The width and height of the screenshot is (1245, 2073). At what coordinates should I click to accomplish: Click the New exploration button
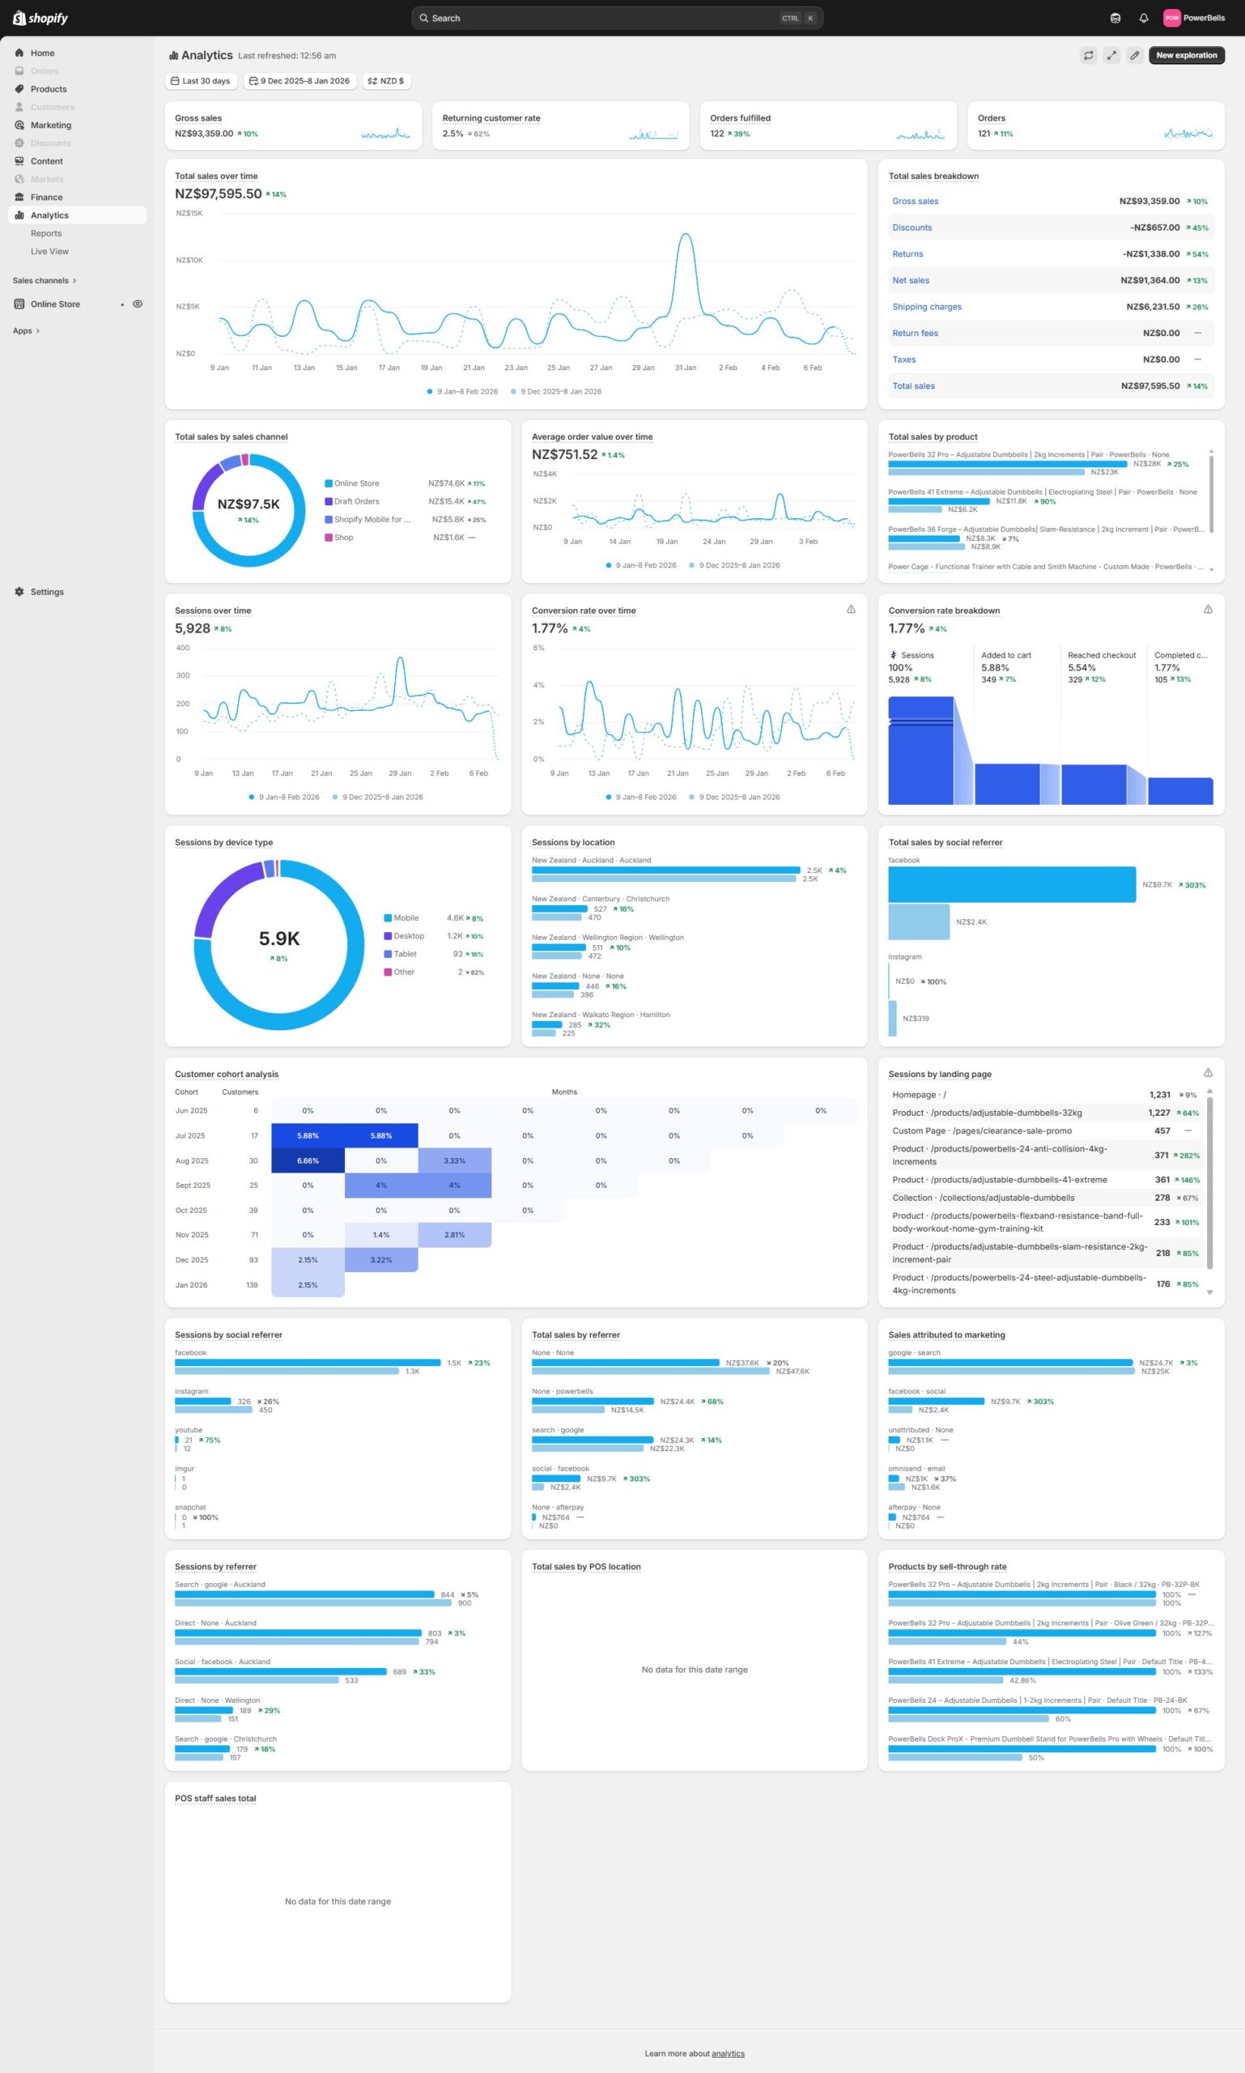pyautogui.click(x=1185, y=55)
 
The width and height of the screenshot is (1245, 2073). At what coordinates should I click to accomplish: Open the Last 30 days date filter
pyautogui.click(x=201, y=82)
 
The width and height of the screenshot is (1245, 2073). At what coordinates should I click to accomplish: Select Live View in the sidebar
pyautogui.click(x=49, y=252)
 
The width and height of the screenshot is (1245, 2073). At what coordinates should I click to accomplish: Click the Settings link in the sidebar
pyautogui.click(x=47, y=592)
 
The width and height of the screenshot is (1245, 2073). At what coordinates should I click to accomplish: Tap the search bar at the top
pyautogui.click(x=617, y=19)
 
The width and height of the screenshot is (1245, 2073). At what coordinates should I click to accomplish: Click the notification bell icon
pyautogui.click(x=1143, y=19)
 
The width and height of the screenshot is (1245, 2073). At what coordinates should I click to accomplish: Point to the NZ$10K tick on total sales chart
pyautogui.click(x=189, y=260)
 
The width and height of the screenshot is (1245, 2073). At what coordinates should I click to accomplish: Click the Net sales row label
pyautogui.click(x=910, y=280)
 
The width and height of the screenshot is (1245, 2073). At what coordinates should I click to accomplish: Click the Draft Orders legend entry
pyautogui.click(x=355, y=502)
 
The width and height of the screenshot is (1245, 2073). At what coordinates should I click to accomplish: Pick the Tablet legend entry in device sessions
pyautogui.click(x=405, y=954)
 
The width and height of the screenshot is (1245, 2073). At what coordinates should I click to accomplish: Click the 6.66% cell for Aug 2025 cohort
pyautogui.click(x=308, y=1160)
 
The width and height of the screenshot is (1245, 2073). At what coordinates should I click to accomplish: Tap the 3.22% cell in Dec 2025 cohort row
pyautogui.click(x=381, y=1260)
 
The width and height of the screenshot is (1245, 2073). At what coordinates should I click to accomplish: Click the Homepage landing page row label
pyautogui.click(x=919, y=1095)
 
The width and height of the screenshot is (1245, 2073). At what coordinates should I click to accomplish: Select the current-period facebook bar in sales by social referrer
pyautogui.click(x=1011, y=884)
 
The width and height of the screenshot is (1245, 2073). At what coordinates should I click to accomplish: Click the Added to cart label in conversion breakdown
pyautogui.click(x=1005, y=655)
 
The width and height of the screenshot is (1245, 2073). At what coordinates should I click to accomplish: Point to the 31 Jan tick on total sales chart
pyautogui.click(x=686, y=368)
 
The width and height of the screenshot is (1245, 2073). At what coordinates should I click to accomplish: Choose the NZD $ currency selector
pyautogui.click(x=386, y=82)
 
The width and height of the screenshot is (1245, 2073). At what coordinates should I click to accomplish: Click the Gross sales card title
pyautogui.click(x=198, y=118)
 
